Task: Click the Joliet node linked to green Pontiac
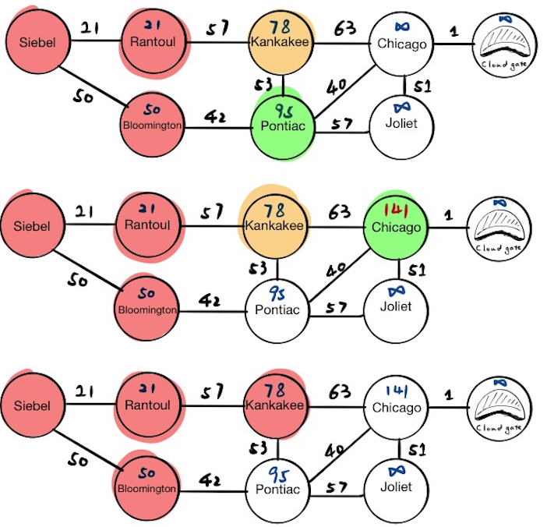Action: (401, 123)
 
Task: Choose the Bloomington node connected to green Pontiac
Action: (152, 123)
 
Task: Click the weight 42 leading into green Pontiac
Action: (216, 115)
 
